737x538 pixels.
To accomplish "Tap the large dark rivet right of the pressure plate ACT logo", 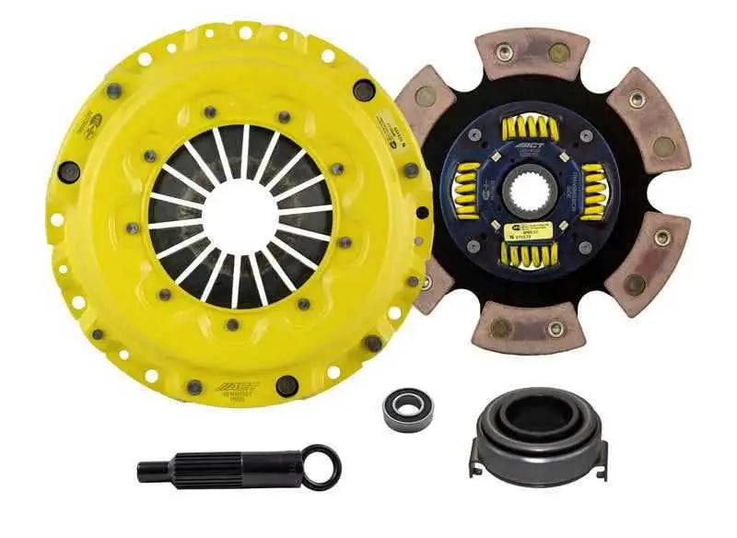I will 287,386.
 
